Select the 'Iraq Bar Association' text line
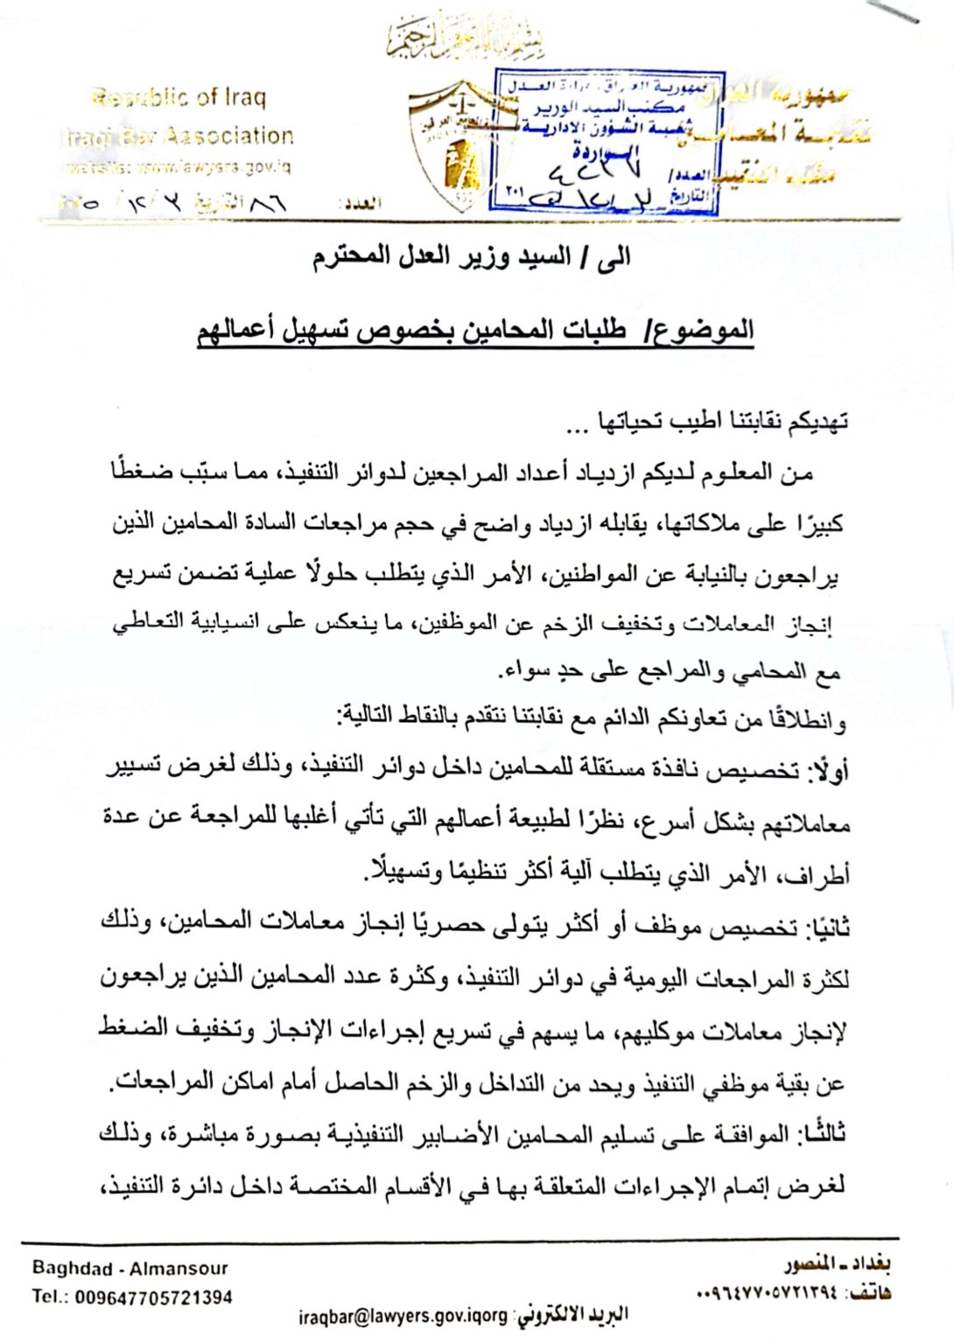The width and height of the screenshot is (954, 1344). pos(179,136)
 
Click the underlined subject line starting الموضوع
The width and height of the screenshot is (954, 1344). pos(475,331)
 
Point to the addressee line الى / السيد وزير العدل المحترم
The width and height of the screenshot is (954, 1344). pos(472,257)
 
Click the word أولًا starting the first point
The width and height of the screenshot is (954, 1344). pos(828,770)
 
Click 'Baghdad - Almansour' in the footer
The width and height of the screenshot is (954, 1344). pos(130,1268)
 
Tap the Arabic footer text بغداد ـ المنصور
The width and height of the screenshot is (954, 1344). pos(838,1265)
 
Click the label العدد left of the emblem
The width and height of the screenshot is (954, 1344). pos(362,204)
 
